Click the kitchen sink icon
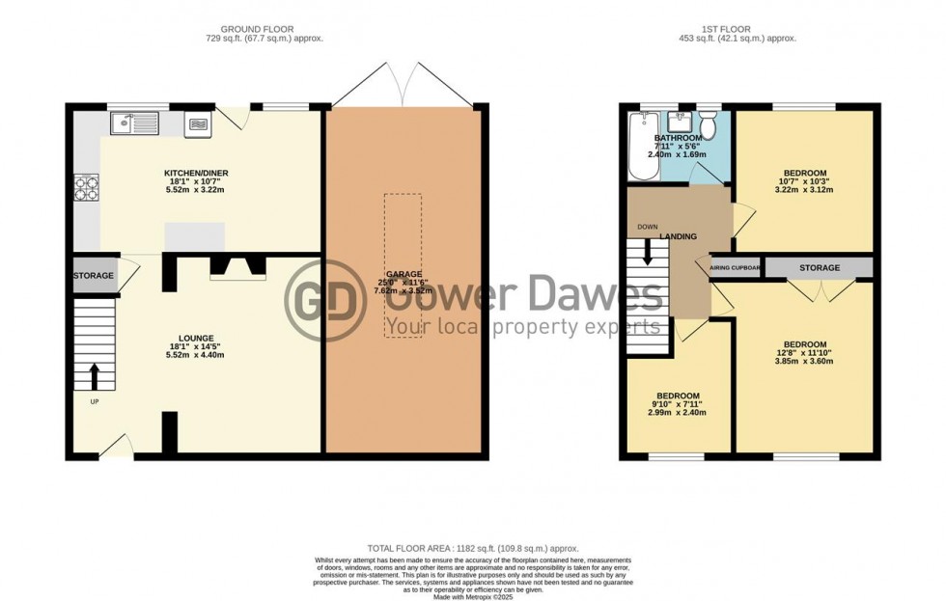[x=134, y=123]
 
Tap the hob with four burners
[x=82, y=186]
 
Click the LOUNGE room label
[x=195, y=337]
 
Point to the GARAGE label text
[x=403, y=275]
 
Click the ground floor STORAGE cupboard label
[x=94, y=276]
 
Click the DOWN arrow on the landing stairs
[x=648, y=254]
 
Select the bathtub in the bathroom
[x=643, y=147]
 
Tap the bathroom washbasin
[x=678, y=123]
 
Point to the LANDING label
[x=678, y=236]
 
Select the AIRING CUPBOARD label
[x=737, y=268]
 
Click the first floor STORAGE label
[x=819, y=267]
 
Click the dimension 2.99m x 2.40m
[x=680, y=413]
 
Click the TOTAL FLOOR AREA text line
[x=472, y=547]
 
